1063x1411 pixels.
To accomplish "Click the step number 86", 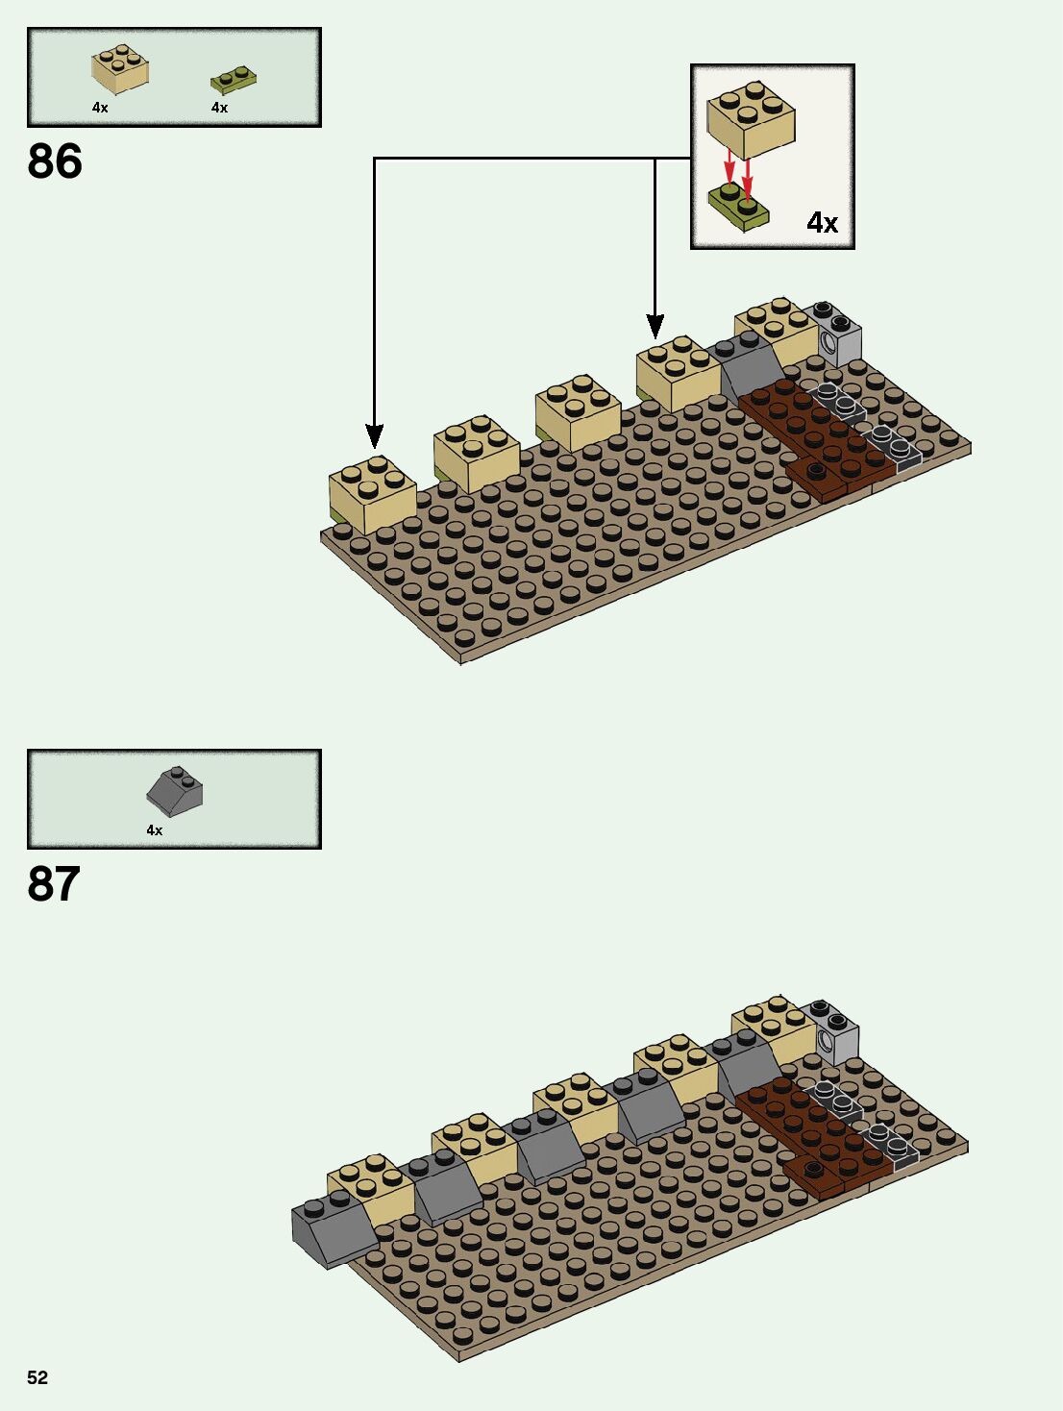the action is pos(55,161).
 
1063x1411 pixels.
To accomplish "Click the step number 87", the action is pos(54,884).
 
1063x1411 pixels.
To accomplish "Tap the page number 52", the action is pos(37,1377).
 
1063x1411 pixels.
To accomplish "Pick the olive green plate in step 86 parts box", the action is pos(234,79).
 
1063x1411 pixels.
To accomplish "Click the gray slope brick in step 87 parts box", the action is pos(175,792).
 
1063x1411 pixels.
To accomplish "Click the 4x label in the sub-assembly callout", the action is pos(822,223).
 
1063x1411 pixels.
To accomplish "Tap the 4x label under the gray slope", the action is pos(154,830).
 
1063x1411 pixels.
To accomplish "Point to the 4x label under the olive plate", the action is pos(219,108).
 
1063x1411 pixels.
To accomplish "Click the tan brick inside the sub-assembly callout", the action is pos(752,119).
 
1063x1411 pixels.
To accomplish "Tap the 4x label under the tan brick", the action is pos(100,108).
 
